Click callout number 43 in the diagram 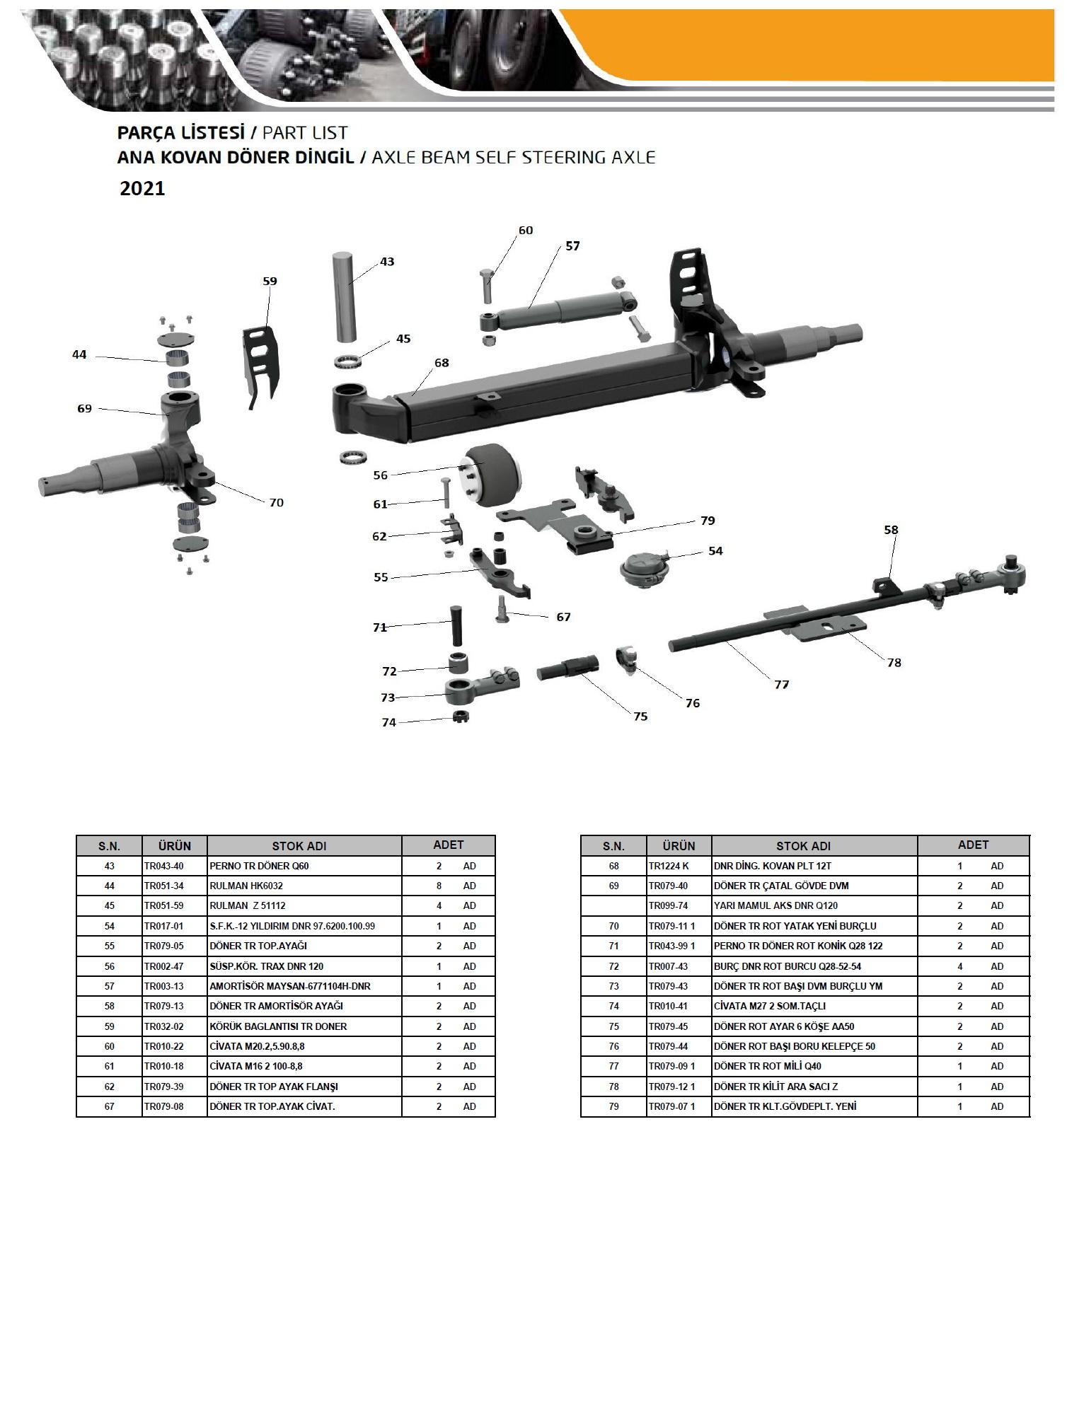387,262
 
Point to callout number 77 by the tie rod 781,684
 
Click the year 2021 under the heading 142,189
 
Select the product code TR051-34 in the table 164,886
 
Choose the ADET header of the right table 973,845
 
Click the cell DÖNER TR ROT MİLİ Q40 768,1066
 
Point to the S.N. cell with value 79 613,1106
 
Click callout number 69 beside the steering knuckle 84,409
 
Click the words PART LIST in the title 305,133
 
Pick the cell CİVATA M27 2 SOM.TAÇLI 770,1006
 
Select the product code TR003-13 164,986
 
